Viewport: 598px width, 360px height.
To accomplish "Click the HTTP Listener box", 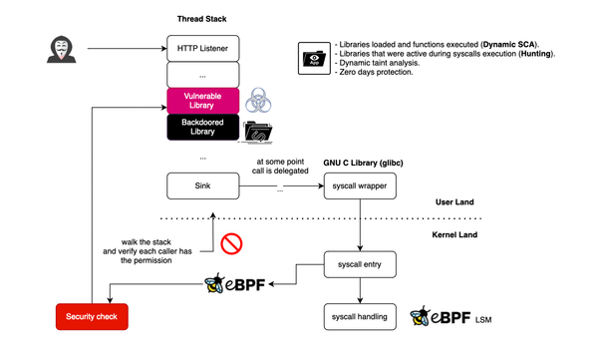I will [x=202, y=48].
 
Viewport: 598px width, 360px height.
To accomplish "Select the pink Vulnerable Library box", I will [x=202, y=101].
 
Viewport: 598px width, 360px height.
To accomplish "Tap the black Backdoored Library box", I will [x=202, y=128].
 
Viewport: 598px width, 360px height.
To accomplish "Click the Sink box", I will [x=202, y=186].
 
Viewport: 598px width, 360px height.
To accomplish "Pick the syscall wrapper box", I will [x=360, y=186].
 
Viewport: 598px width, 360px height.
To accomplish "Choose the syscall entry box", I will [x=360, y=265].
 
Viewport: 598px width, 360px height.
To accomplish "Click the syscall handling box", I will [x=360, y=318].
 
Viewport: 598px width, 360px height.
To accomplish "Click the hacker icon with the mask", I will [x=60, y=47].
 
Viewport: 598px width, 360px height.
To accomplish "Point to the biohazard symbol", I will [x=259, y=100].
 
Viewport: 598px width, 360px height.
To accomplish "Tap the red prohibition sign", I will [x=234, y=242].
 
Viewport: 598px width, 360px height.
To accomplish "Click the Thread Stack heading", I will [x=202, y=19].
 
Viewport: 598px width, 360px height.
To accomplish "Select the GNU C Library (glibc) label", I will [x=361, y=161].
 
